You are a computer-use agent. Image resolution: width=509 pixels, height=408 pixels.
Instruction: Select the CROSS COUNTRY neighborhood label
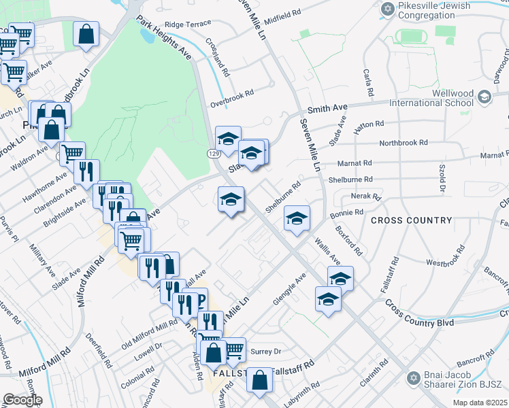[x=411, y=220]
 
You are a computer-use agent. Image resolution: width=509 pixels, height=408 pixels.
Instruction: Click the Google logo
[x=22, y=399]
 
